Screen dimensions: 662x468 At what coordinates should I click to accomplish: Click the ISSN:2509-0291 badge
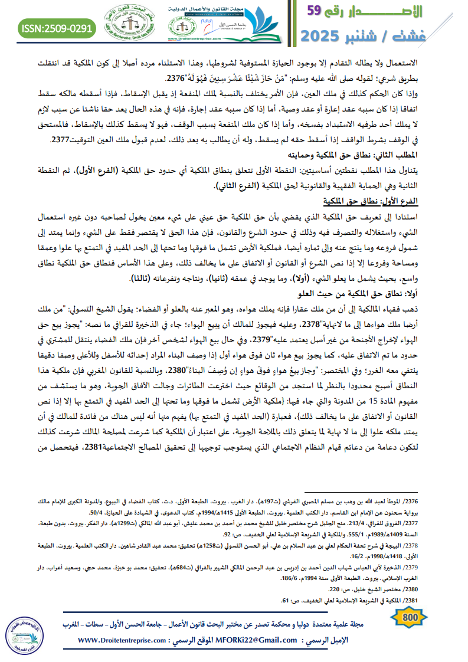pyautogui.click(x=57, y=27)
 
